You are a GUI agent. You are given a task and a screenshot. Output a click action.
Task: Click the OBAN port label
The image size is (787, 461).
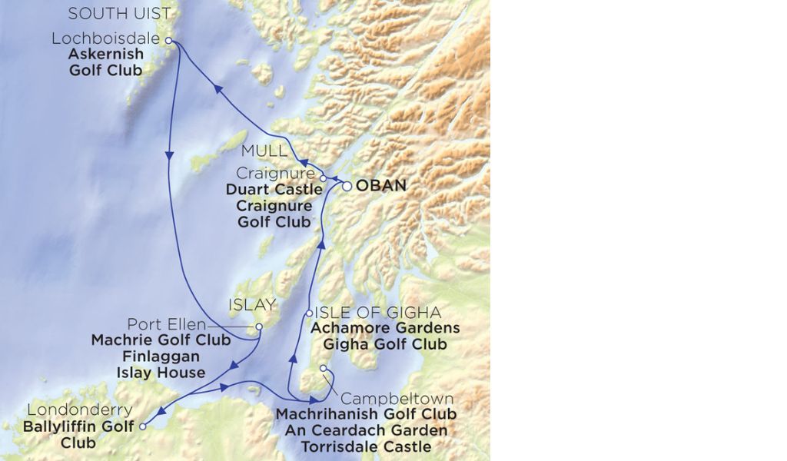[381, 186]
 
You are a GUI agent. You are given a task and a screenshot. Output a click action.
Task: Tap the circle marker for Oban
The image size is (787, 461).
[347, 186]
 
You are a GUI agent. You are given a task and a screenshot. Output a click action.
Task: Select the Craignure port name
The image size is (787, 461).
[276, 174]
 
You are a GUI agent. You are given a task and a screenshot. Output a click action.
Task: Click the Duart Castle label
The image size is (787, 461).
[274, 190]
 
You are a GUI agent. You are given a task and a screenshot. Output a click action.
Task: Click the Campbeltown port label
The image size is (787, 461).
[397, 399]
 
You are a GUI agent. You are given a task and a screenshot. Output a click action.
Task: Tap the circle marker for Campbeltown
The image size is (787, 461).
[324, 370]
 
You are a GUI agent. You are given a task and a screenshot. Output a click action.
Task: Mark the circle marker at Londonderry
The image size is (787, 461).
[144, 425]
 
